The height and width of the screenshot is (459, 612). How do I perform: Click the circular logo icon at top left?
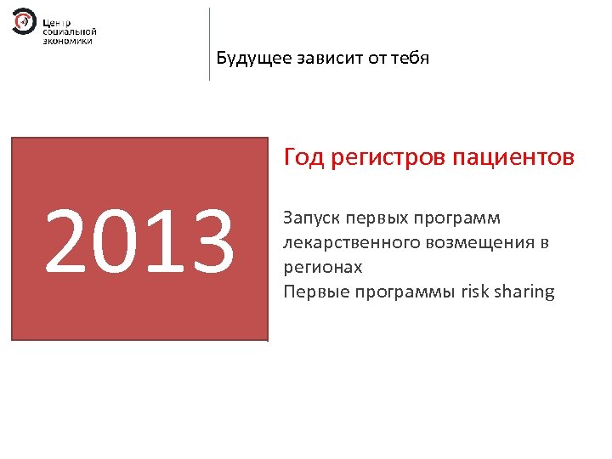(x=24, y=21)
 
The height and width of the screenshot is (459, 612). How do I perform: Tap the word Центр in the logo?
(x=57, y=20)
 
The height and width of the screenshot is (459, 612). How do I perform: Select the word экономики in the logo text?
(x=67, y=40)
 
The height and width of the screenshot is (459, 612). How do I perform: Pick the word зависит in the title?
(x=326, y=58)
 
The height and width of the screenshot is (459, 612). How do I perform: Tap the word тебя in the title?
(x=409, y=58)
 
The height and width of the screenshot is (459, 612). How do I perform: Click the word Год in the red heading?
(x=303, y=158)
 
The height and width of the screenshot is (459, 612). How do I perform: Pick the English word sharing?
(x=525, y=292)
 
